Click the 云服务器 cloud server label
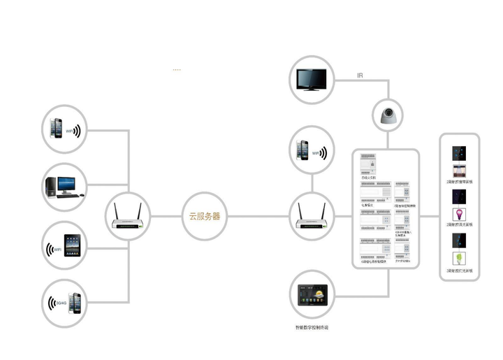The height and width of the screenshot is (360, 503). pos(205,217)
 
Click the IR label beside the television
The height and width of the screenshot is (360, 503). pos(360,75)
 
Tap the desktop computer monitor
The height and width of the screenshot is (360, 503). pos(66,182)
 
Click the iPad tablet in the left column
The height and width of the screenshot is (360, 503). pos(74,245)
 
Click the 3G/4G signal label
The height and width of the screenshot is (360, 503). pos(57,303)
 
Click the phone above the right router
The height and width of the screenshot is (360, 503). pos(303,150)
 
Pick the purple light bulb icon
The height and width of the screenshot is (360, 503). pos(459,213)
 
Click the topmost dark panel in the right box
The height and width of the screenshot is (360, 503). pos(459,152)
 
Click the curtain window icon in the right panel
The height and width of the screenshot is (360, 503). pos(459,172)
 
